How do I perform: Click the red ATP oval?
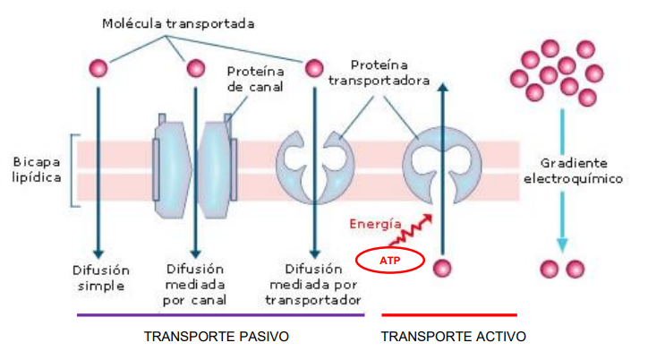(390, 261)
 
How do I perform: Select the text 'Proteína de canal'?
(255, 79)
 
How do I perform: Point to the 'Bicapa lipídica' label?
(37, 170)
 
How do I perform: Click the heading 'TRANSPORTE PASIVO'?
(217, 337)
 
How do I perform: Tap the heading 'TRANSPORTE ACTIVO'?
(453, 337)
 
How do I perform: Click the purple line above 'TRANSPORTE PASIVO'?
(220, 314)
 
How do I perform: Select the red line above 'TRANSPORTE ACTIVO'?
(449, 314)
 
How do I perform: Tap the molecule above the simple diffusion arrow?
(99, 68)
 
